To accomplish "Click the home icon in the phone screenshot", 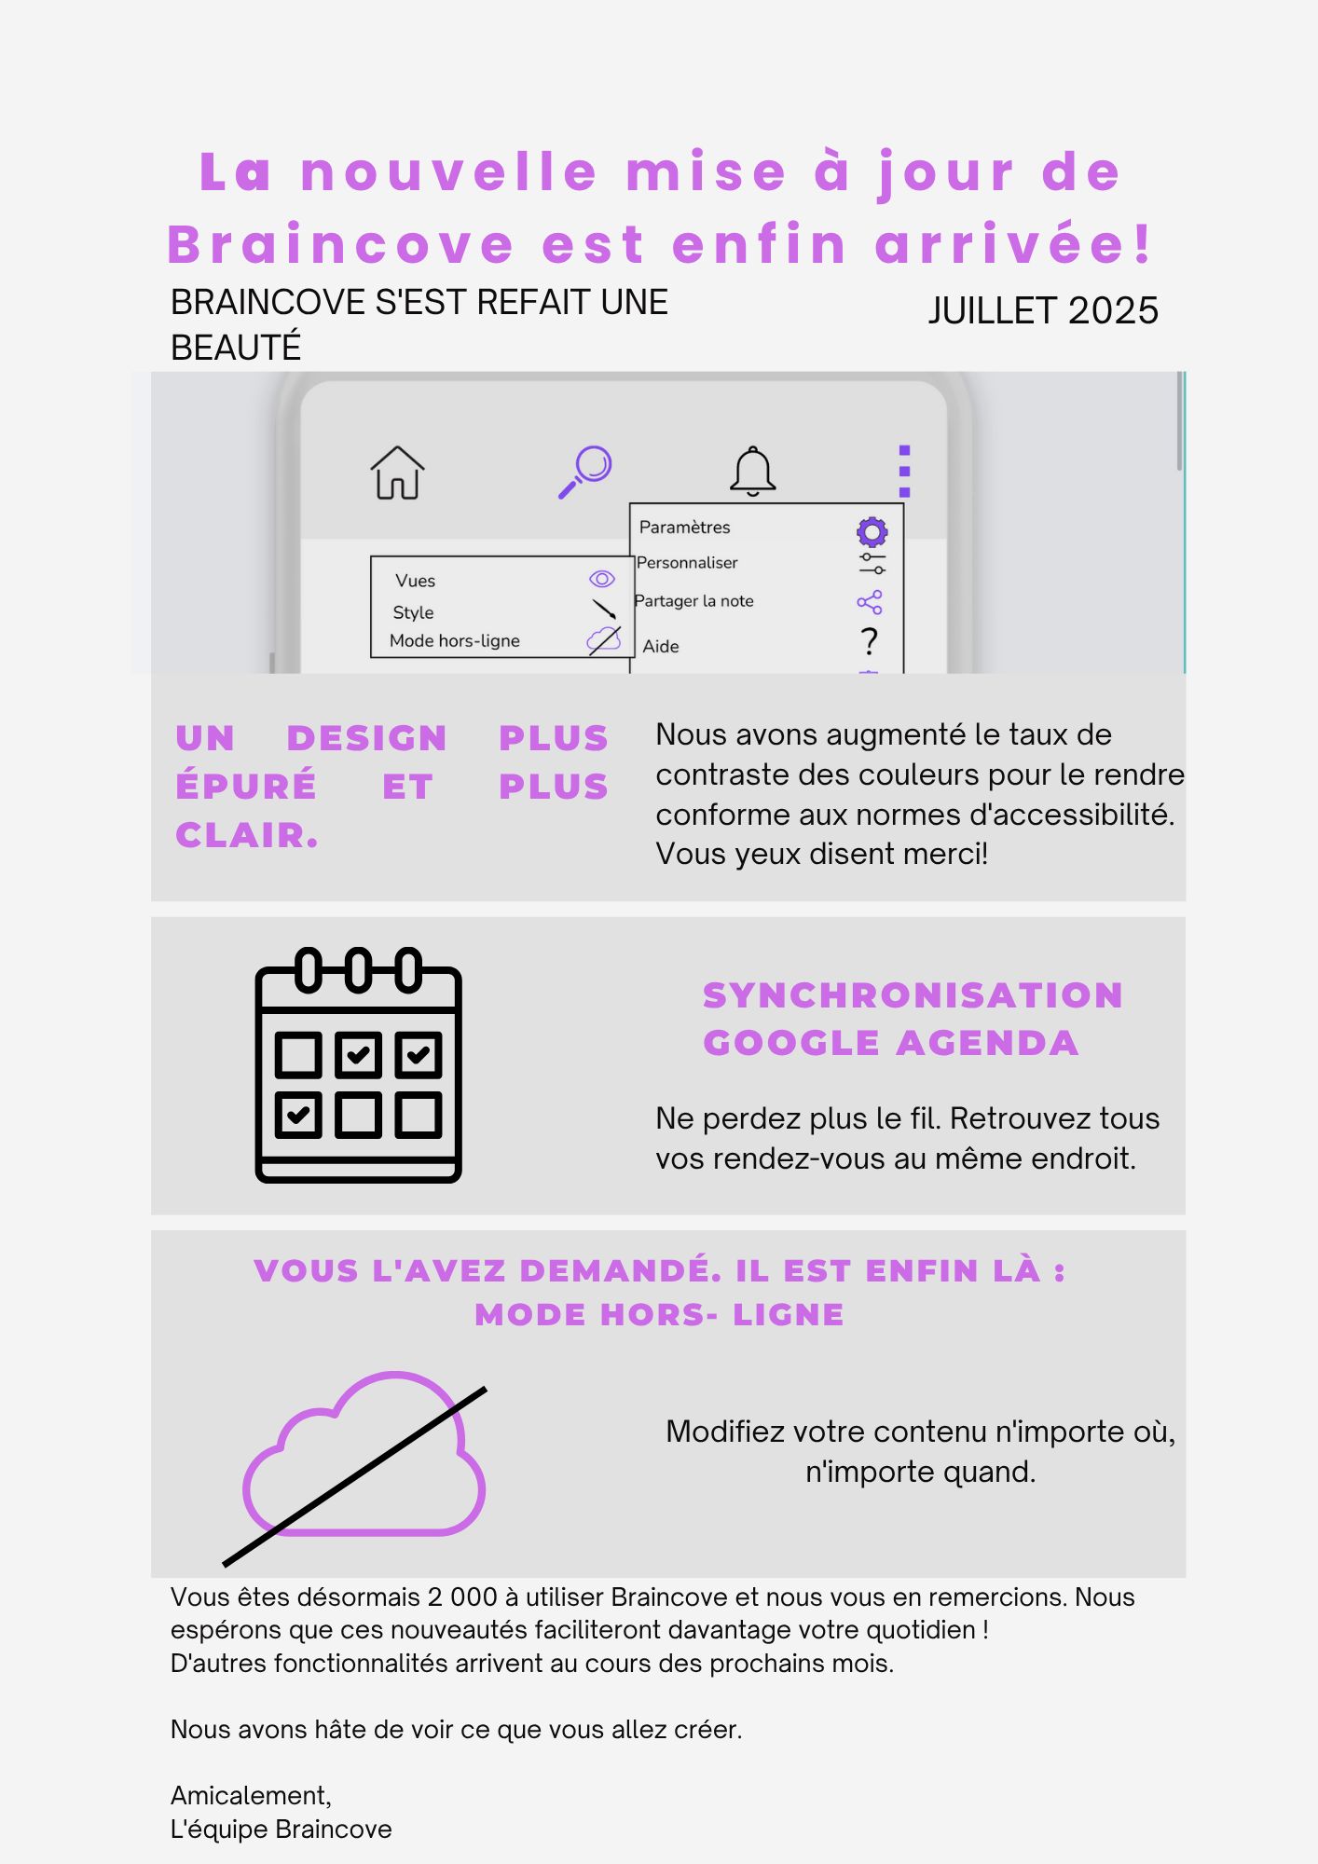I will [x=397, y=473].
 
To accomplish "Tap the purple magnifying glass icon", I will [x=585, y=472].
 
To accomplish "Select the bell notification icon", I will [x=753, y=471].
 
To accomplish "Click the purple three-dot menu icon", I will [x=904, y=472].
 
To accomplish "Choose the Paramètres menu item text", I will [x=684, y=528].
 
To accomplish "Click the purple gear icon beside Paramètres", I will [x=872, y=532].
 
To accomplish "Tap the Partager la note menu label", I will [x=694, y=601].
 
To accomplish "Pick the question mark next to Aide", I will [x=870, y=641].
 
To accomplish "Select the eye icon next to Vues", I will [x=602, y=580].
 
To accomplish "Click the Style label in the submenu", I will [x=413, y=612].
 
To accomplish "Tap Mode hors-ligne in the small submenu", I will [x=455, y=641].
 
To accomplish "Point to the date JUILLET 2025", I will [x=1042, y=311].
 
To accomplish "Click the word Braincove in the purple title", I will [x=340, y=245].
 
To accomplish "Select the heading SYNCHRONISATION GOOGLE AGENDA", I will [x=913, y=1019].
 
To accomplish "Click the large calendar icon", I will [x=359, y=1065].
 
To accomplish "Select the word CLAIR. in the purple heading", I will [x=247, y=835].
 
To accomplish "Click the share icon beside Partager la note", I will [x=870, y=603].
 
